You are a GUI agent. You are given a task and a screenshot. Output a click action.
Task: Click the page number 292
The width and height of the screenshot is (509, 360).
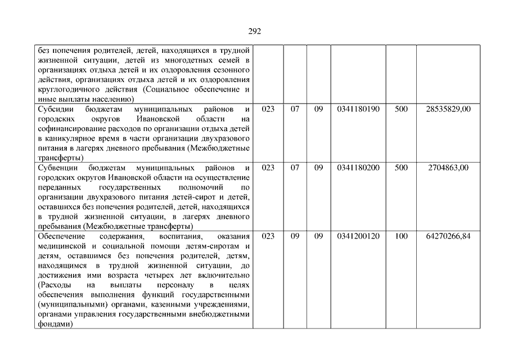click(254, 31)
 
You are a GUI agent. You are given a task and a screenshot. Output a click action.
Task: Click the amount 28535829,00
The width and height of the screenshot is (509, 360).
click(448, 109)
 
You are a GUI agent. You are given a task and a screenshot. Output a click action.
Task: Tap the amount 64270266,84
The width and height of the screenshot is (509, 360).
click(448, 236)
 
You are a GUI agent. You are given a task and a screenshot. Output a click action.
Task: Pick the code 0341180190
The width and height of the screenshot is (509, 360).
click(358, 109)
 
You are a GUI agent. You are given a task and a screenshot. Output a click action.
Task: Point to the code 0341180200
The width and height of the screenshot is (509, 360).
click(358, 168)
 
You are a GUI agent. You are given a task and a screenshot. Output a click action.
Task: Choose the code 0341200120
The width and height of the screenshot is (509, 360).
click(358, 236)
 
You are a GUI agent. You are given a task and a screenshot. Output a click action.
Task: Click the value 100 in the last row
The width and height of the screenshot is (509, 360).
click(401, 236)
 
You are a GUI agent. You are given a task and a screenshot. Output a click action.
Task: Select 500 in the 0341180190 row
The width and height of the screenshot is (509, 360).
click(401, 109)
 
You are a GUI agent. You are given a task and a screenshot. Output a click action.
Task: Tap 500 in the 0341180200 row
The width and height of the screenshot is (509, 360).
click(401, 168)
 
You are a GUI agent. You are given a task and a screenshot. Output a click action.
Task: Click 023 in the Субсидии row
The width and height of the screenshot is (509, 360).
click(268, 109)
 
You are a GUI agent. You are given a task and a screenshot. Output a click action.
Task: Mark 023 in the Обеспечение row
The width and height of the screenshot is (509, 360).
click(268, 236)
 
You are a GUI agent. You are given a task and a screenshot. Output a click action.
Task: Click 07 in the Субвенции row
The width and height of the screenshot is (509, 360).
click(295, 168)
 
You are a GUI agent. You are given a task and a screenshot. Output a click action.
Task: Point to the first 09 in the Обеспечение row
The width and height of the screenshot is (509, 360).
click(295, 236)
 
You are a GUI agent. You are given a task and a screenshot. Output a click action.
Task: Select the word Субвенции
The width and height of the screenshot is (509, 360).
click(56, 168)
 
